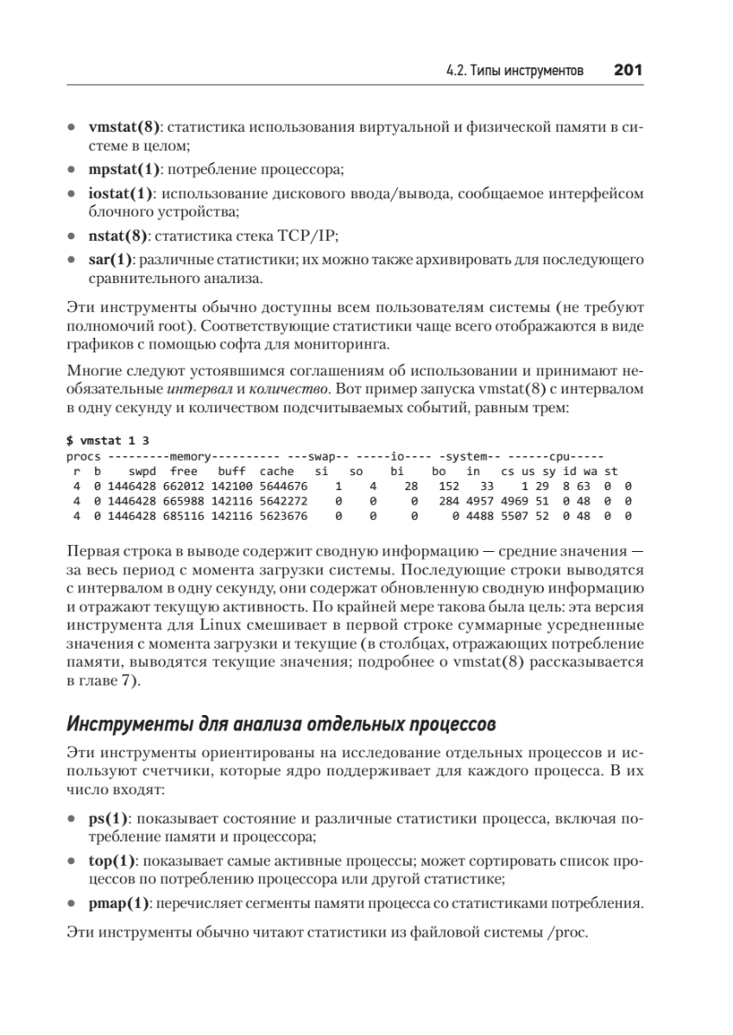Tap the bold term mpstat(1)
pos(121,168)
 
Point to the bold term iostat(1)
pos(121,194)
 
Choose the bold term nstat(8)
pos(118,235)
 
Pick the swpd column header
pos(142,471)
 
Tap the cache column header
pos(276,471)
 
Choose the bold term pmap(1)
pos(119,904)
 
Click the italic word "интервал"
pos(192,390)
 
